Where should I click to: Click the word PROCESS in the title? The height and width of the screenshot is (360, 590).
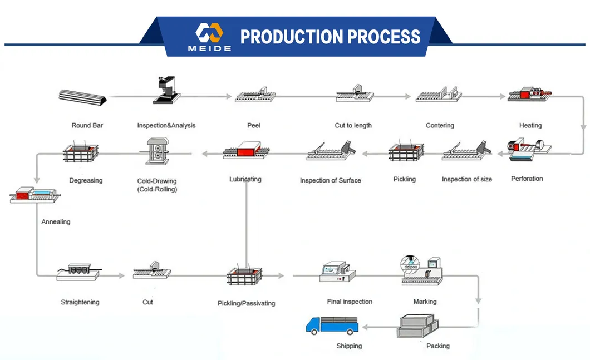coord(384,37)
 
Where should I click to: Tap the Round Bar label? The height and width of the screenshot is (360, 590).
coord(87,126)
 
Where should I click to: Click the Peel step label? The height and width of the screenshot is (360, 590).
coord(254,126)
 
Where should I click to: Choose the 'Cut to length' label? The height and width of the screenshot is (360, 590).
coord(353,126)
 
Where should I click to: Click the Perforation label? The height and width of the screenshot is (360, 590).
coord(527,179)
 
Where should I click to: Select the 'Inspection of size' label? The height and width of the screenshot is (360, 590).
coord(466,179)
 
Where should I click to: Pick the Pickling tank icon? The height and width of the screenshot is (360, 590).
coord(406,154)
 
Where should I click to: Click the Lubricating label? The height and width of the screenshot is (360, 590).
coord(245,179)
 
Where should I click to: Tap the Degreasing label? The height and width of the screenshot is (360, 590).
coord(86,181)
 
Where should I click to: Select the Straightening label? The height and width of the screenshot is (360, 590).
coord(80,303)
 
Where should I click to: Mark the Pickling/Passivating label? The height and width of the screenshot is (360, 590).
coord(246,304)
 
